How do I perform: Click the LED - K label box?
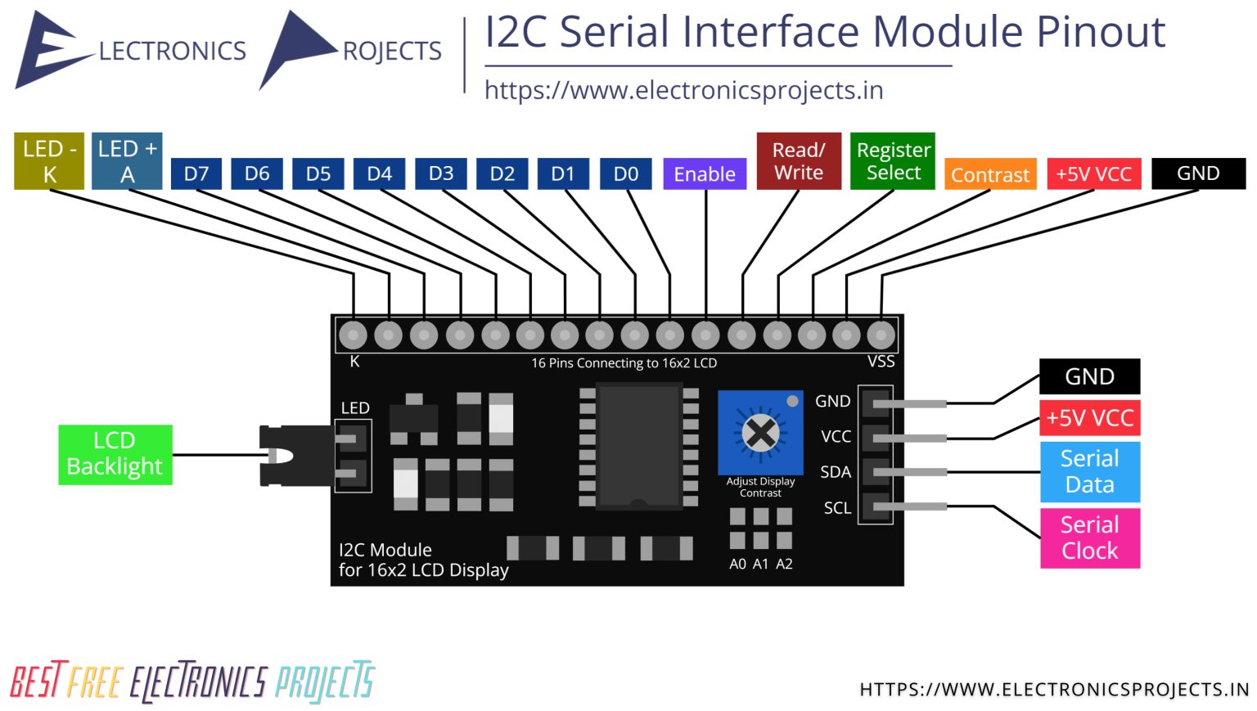pyautogui.click(x=49, y=161)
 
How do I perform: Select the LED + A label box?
pyautogui.click(x=127, y=161)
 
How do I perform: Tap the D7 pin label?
pyautogui.click(x=196, y=173)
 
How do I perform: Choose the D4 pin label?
pyautogui.click(x=379, y=173)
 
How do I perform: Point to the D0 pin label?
pyautogui.click(x=626, y=173)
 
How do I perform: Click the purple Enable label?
pyautogui.click(x=705, y=173)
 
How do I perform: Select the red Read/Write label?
pyautogui.click(x=799, y=161)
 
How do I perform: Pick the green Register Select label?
pyautogui.click(x=893, y=161)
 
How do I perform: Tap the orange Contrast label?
pyautogui.click(x=990, y=174)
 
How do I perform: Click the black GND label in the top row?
pyautogui.click(x=1198, y=173)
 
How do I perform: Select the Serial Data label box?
pyautogui.click(x=1090, y=471)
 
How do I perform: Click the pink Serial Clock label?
pyautogui.click(x=1090, y=538)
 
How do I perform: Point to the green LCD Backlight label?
pyautogui.click(x=115, y=454)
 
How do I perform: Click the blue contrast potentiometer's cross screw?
pyautogui.click(x=761, y=432)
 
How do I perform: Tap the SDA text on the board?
pyautogui.click(x=836, y=472)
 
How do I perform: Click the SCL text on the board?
pyautogui.click(x=837, y=508)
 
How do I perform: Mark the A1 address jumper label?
pyautogui.click(x=761, y=564)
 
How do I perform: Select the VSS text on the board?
pyautogui.click(x=881, y=362)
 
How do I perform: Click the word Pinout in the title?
pyautogui.click(x=1101, y=33)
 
